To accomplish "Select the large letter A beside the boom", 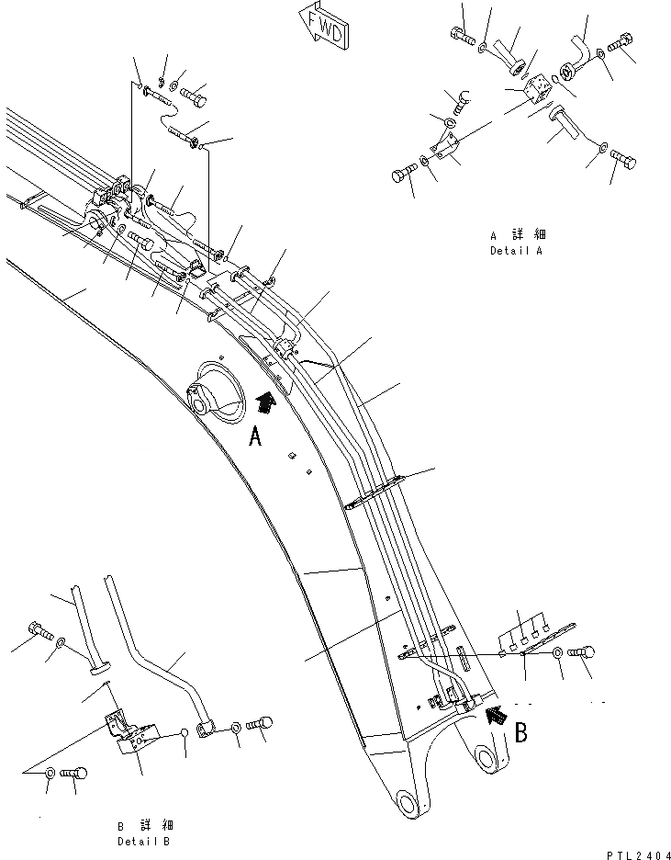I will click(256, 437).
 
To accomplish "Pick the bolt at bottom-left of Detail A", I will click(405, 174).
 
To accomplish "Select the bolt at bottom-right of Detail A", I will click(623, 162).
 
